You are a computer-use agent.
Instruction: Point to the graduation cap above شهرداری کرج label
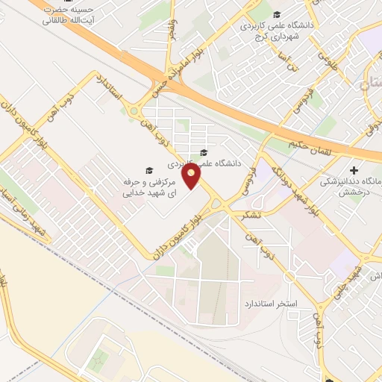[x=276, y=15]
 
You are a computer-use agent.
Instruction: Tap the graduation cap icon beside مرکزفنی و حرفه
[x=148, y=169]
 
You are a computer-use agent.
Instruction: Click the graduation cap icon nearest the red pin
[x=203, y=154]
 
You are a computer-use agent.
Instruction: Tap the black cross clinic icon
[x=354, y=169]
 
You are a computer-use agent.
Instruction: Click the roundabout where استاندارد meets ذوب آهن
[x=136, y=112]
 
